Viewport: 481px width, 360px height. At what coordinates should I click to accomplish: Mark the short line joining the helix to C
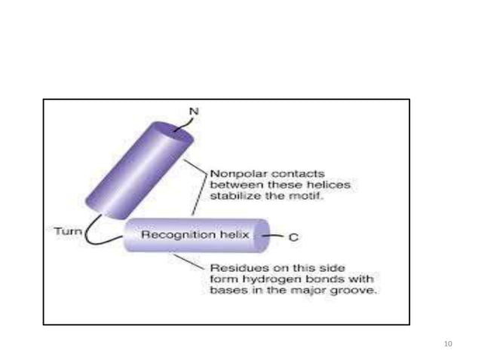(277, 236)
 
